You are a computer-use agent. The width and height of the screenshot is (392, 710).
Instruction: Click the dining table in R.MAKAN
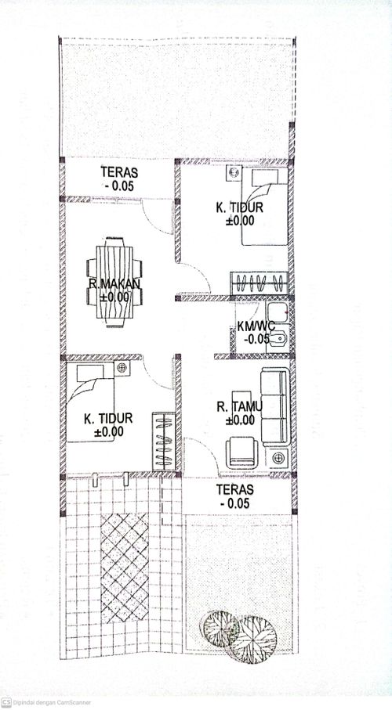[114, 287]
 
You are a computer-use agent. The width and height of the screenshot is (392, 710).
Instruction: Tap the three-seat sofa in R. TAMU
[275, 406]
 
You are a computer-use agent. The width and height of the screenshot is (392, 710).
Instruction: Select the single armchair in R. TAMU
[241, 452]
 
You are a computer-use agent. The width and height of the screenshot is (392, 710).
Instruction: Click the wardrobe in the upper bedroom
[259, 283]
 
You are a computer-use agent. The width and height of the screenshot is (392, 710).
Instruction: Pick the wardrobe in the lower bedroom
[163, 441]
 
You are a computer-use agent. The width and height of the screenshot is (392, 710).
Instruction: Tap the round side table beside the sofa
[278, 458]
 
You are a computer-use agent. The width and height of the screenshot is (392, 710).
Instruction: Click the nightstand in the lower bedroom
[122, 368]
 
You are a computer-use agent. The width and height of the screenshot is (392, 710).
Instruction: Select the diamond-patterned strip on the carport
[125, 568]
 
